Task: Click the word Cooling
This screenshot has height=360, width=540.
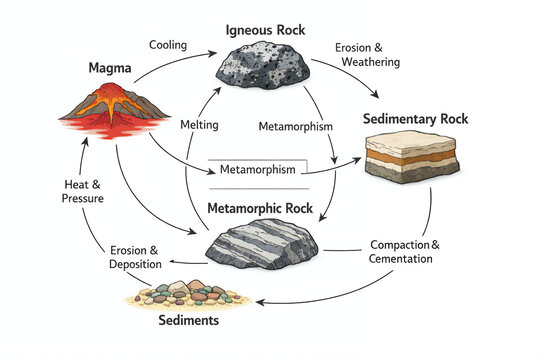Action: pos(167,45)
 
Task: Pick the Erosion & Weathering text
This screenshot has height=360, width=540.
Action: pos(368,54)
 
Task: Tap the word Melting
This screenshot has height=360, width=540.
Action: pos(198,126)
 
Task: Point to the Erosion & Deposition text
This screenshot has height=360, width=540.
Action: pos(134,256)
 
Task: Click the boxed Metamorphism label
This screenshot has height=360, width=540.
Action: pos(258,169)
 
